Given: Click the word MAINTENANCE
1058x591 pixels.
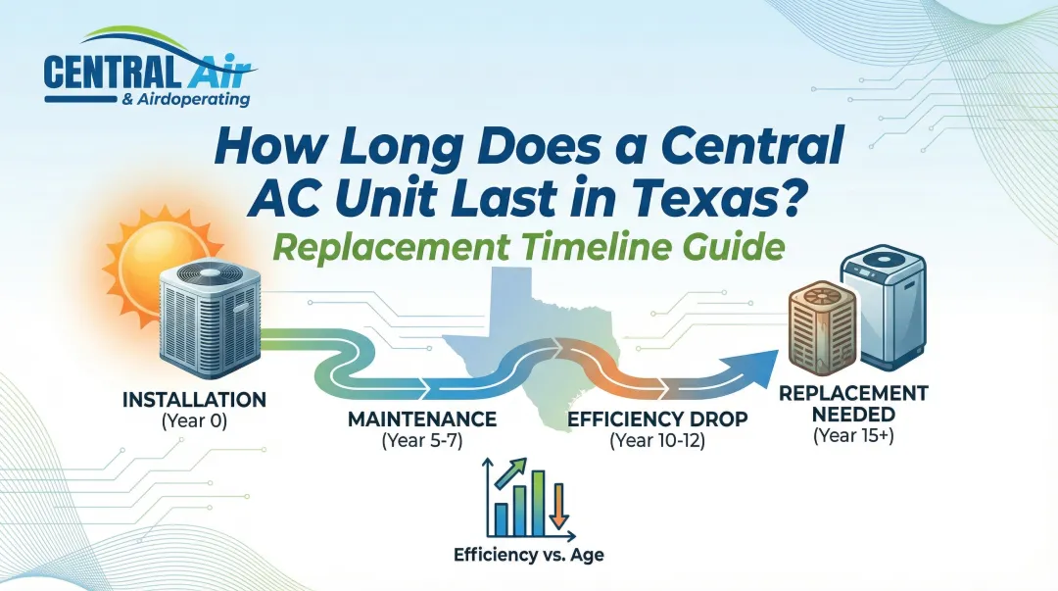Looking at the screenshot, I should click(422, 419).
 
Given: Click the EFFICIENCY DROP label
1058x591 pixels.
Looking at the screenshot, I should click(657, 419).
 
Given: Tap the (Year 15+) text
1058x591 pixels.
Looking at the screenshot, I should click(854, 437).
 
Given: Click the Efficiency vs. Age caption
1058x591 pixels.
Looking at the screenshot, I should click(528, 555).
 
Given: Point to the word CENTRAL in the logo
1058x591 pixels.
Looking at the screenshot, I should click(110, 74).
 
